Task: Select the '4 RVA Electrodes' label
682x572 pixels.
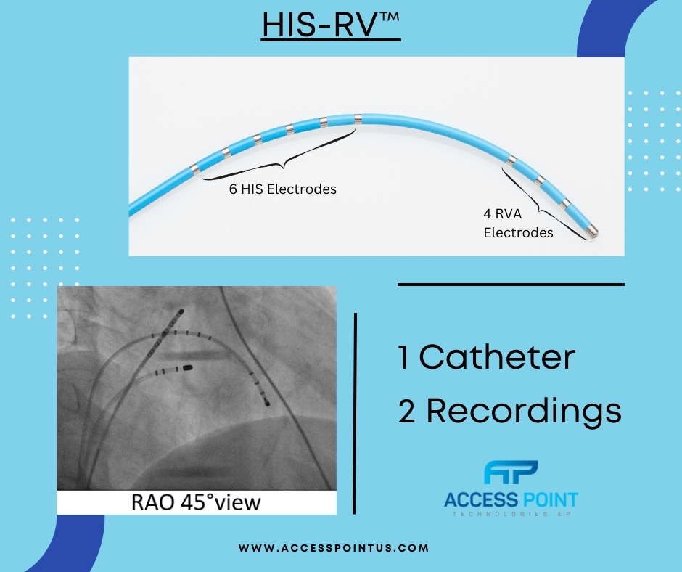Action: (x=518, y=224)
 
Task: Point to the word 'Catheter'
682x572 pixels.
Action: (x=497, y=358)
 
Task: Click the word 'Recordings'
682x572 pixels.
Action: (x=523, y=411)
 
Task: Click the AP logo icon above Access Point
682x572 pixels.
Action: (x=511, y=475)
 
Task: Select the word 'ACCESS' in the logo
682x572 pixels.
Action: (x=479, y=500)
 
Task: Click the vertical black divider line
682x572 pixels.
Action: (x=356, y=414)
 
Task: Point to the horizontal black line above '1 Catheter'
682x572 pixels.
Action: (x=511, y=285)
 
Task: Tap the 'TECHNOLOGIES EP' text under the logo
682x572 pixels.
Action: (x=511, y=515)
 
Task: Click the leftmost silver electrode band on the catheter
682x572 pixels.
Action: (x=194, y=169)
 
